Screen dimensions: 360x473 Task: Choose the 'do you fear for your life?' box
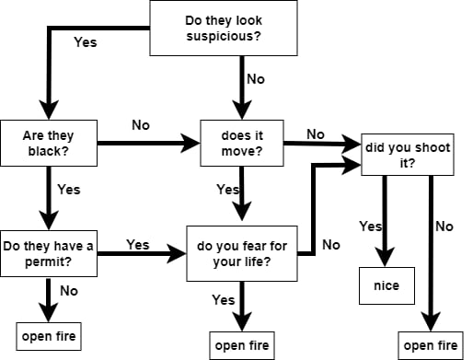(244, 253)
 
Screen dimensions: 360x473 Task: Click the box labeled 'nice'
(386, 286)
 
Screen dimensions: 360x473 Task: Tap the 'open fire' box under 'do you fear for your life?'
(241, 344)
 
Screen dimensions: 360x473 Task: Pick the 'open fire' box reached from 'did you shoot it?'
(431, 344)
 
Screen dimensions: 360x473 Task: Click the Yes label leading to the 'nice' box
(370, 226)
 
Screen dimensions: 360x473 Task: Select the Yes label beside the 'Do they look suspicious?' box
(84, 41)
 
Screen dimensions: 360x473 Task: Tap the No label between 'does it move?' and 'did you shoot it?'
(316, 134)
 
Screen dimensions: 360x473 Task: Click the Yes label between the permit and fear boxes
(138, 245)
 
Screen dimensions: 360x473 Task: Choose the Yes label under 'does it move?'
(227, 190)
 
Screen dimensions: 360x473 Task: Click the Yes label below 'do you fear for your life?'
(224, 299)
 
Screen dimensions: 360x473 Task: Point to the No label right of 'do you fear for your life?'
(331, 245)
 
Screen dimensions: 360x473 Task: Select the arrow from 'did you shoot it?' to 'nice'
(387, 221)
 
